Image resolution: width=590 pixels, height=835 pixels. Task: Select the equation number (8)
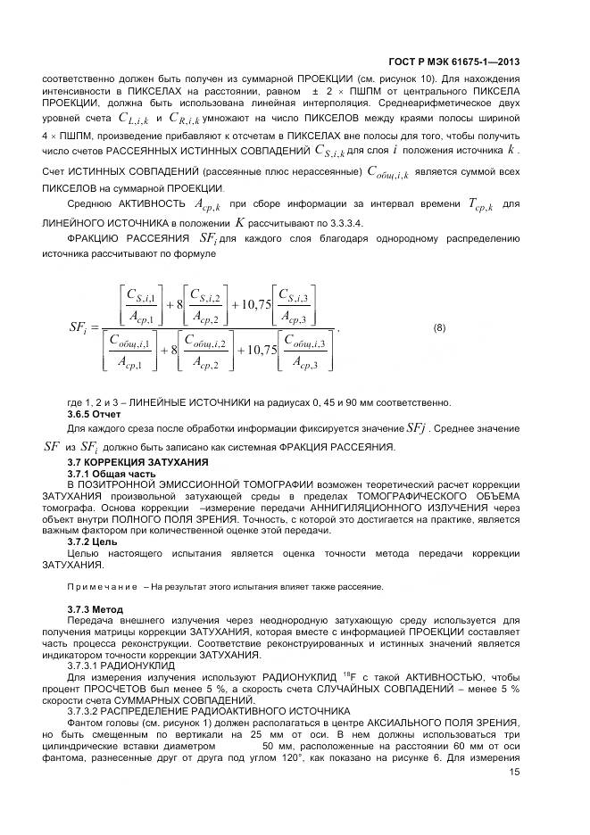[x=439, y=327]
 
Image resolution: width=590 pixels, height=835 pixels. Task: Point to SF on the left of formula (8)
[x=77, y=328]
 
